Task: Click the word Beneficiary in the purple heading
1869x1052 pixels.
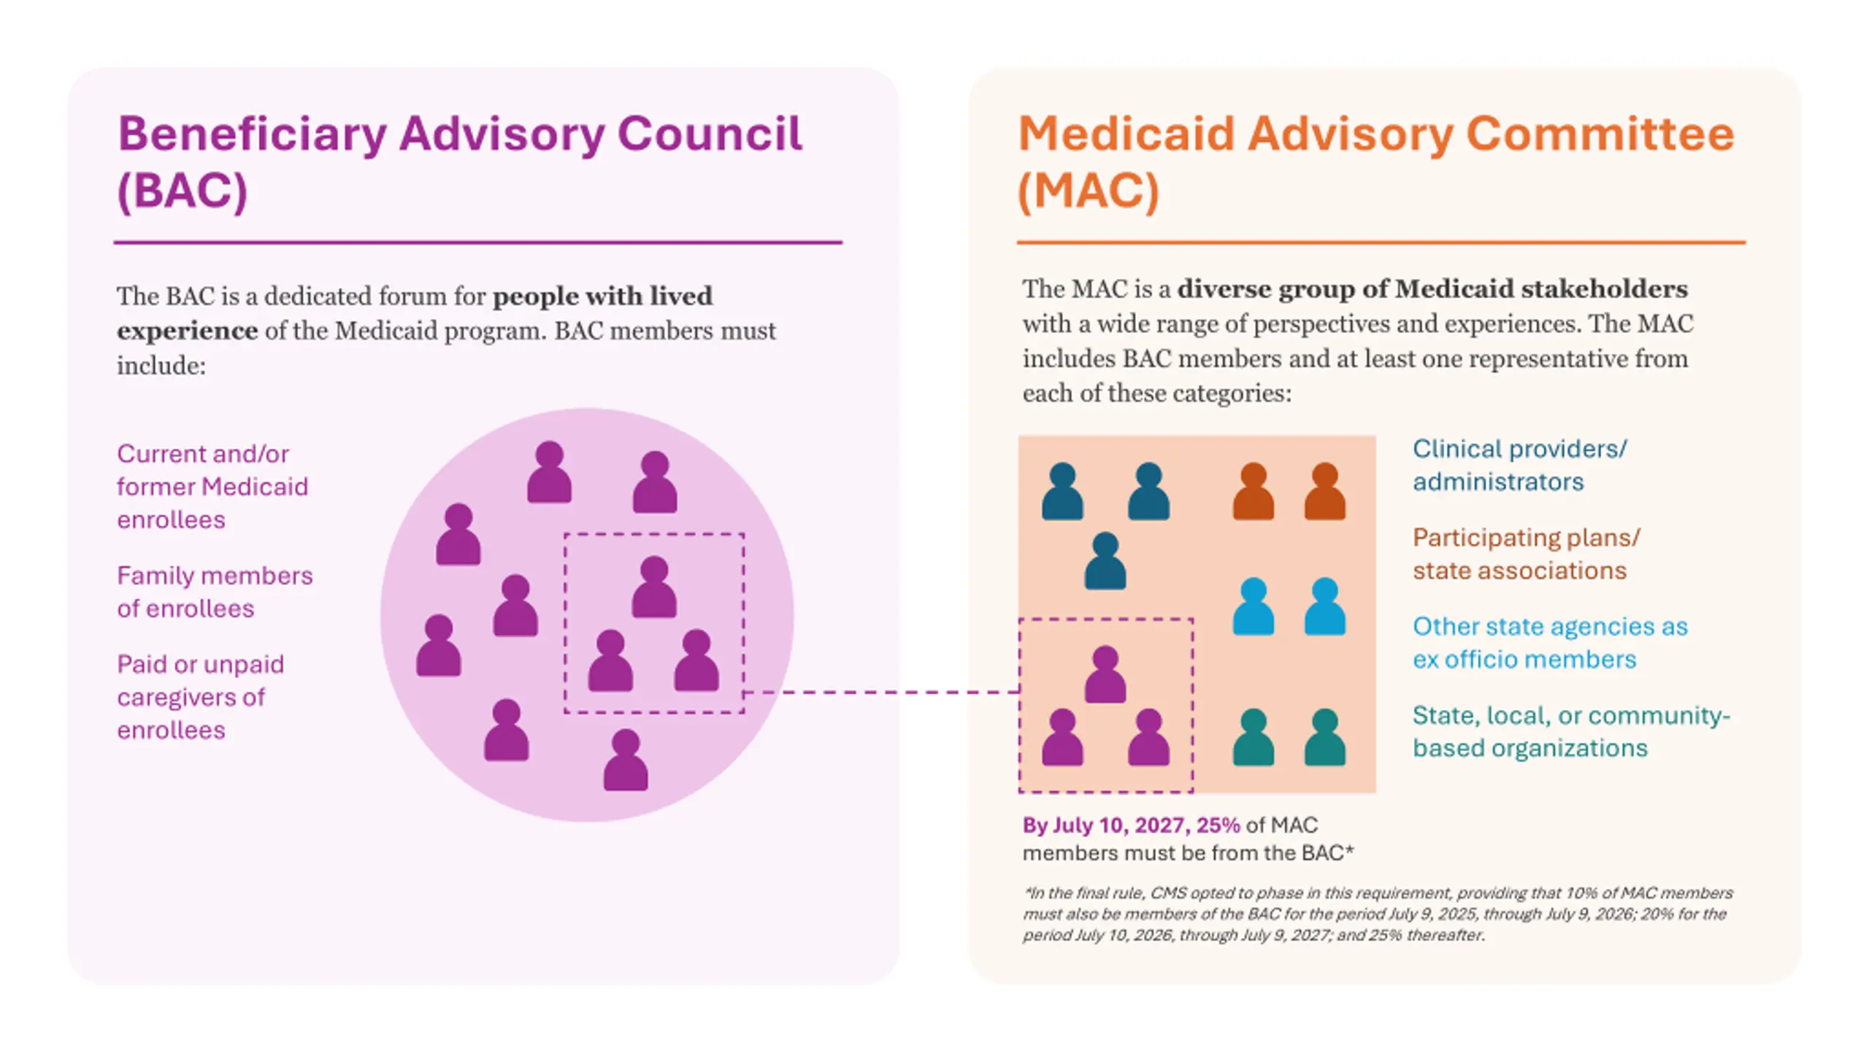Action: pyautogui.click(x=252, y=136)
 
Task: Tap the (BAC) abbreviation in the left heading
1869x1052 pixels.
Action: pyautogui.click(x=183, y=191)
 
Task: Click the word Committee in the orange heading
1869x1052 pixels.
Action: pyautogui.click(x=1600, y=134)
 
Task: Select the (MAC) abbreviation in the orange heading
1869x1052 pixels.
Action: pyautogui.click(x=1089, y=191)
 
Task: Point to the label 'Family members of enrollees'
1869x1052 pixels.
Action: pyautogui.click(x=215, y=592)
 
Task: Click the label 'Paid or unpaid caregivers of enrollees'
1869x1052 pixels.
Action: pyautogui.click(x=201, y=697)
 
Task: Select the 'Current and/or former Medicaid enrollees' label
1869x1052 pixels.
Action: pyautogui.click(x=212, y=487)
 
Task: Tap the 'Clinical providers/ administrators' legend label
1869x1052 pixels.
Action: pyautogui.click(x=1520, y=465)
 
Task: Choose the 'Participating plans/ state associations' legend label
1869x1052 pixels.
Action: pyautogui.click(x=1527, y=554)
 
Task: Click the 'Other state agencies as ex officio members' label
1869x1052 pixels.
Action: pyautogui.click(x=1550, y=643)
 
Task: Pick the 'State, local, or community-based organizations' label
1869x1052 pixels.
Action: pyautogui.click(x=1571, y=731)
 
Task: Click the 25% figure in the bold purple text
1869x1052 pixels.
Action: pyautogui.click(x=1218, y=826)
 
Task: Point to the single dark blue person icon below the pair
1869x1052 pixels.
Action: pyautogui.click(x=1105, y=561)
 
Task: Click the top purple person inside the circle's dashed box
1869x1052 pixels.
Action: pyautogui.click(x=654, y=587)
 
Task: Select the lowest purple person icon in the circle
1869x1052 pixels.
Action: pyautogui.click(x=626, y=760)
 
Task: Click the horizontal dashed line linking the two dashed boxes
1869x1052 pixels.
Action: pyautogui.click(x=881, y=691)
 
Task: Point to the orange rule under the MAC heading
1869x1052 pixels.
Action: pyautogui.click(x=1381, y=242)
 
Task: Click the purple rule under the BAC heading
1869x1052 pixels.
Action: pyautogui.click(x=478, y=242)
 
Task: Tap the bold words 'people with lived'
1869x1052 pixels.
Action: pyautogui.click(x=602, y=296)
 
